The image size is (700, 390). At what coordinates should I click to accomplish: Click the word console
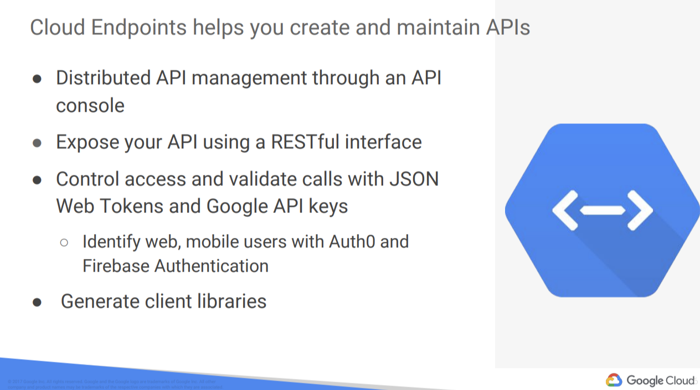click(90, 105)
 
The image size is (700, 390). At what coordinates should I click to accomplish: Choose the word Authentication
click(211, 266)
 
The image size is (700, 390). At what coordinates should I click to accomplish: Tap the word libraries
click(231, 301)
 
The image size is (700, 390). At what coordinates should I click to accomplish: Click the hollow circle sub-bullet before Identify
click(64, 242)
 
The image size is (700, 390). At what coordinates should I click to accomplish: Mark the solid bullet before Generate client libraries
click(37, 302)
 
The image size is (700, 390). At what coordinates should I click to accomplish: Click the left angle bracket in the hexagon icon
click(565, 210)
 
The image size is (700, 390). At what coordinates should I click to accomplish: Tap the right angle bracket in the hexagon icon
click(641, 210)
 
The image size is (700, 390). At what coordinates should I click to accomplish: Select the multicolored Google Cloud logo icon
click(614, 380)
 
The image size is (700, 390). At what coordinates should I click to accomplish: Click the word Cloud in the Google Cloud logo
click(678, 381)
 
